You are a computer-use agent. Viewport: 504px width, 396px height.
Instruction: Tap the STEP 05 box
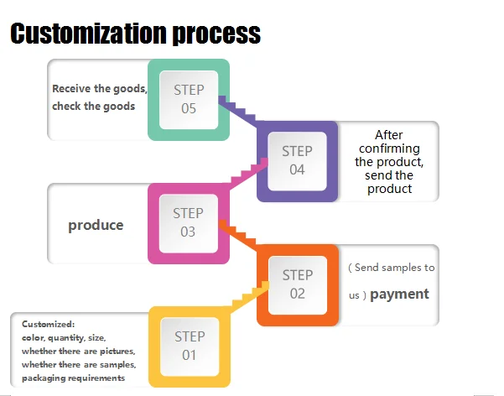pyautogui.click(x=189, y=99)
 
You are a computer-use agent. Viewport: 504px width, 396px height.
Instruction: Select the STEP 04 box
pyautogui.click(x=297, y=160)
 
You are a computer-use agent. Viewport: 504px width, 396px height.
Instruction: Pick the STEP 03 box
pyautogui.click(x=189, y=222)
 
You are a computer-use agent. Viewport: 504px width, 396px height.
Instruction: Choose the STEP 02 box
pyautogui.click(x=298, y=284)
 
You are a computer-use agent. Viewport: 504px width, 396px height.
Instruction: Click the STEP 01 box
pyautogui.click(x=189, y=346)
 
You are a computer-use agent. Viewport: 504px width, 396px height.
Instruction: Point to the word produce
pyautogui.click(x=96, y=225)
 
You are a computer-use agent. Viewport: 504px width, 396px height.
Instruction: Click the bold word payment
pyautogui.click(x=399, y=294)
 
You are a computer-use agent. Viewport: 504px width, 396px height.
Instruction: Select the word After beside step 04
pyautogui.click(x=389, y=134)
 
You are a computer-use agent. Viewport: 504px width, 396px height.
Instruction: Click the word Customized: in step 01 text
pyautogui.click(x=49, y=323)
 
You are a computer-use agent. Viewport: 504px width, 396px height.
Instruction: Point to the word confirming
pyautogui.click(x=389, y=148)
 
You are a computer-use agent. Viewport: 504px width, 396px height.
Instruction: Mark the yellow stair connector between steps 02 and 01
pyautogui.click(x=245, y=297)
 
